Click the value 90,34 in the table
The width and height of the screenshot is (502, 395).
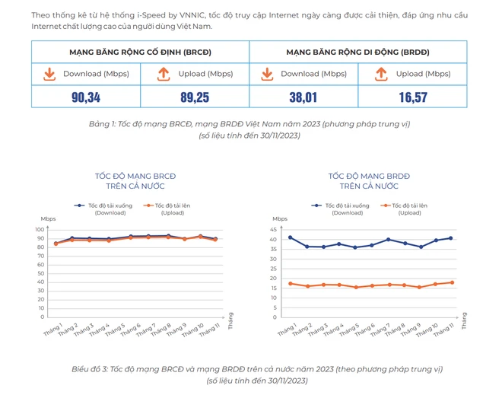86,97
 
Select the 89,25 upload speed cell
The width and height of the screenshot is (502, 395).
195,97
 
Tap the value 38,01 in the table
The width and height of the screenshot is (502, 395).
303,97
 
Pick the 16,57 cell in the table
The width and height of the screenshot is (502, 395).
413,97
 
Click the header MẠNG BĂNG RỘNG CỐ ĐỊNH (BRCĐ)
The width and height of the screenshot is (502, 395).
140,52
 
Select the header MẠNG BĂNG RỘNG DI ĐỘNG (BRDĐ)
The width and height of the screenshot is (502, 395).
358,52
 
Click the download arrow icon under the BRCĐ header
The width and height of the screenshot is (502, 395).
49,74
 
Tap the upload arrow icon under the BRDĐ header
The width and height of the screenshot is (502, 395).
381,74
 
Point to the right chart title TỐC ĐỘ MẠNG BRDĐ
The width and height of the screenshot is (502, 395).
369,176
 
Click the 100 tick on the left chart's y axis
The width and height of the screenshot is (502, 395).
40,229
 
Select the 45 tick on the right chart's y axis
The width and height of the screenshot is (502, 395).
274,229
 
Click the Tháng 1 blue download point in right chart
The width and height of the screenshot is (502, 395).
290,237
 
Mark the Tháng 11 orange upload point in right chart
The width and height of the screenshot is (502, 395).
451,282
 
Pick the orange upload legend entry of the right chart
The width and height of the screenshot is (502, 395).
408,205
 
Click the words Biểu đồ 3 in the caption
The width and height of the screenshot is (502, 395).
91,369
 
